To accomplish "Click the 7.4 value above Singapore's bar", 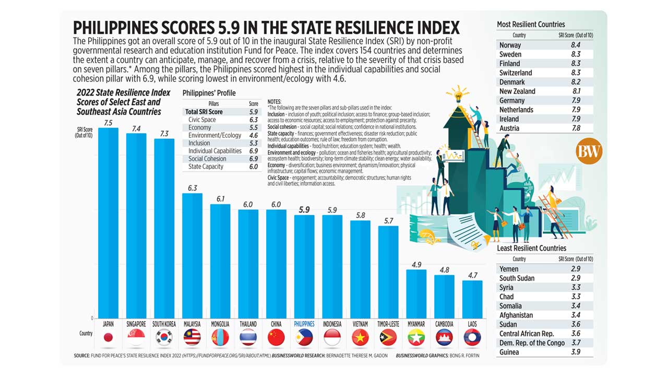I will (x=136, y=128).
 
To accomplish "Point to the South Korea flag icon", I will (x=164, y=337).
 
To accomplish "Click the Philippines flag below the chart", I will (x=304, y=337).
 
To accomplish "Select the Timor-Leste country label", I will (x=388, y=324).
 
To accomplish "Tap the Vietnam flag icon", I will (x=360, y=337).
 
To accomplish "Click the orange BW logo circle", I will (x=589, y=152).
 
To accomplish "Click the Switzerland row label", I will (x=516, y=73).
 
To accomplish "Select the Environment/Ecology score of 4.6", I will (x=254, y=135).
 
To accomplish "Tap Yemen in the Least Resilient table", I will (x=509, y=269).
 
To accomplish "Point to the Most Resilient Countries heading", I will (x=531, y=25).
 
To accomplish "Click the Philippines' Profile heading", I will (x=209, y=93).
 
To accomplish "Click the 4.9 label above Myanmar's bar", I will (x=416, y=265).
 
